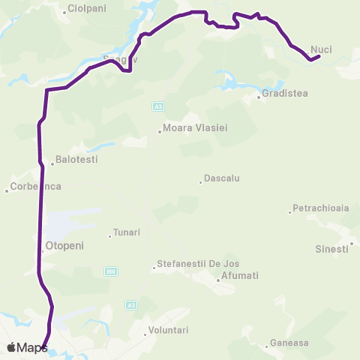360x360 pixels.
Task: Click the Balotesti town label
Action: point(76,160)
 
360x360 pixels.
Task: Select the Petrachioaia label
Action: point(321,208)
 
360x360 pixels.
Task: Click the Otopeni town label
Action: point(64,245)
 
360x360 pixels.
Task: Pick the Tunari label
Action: point(126,232)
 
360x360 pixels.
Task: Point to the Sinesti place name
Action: point(331,248)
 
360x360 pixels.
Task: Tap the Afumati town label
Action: point(239,276)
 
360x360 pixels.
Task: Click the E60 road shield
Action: point(111,271)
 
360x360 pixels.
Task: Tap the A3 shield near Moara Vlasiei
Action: point(157,107)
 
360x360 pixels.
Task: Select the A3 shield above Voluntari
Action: point(131,305)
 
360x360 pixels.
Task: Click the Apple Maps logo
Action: point(27,347)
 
